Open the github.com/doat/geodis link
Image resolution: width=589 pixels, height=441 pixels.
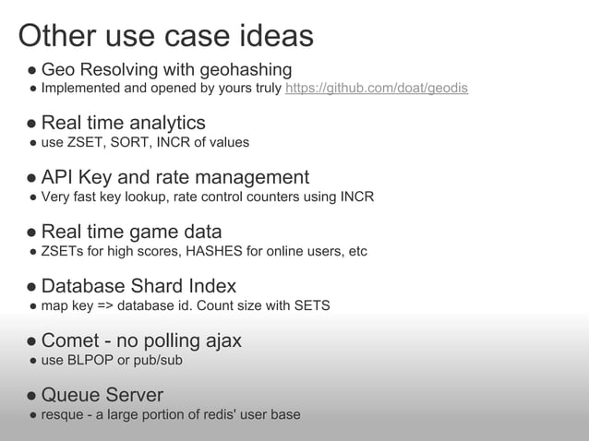pyautogui.click(x=377, y=89)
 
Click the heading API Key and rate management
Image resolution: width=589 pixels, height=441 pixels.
pyautogui.click(x=175, y=176)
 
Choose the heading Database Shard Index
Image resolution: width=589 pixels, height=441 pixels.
pyautogui.click(x=138, y=286)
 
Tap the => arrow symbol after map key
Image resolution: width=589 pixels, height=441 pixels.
pyautogui.click(x=108, y=305)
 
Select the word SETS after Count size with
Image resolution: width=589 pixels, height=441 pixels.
pyautogui.click(x=309, y=305)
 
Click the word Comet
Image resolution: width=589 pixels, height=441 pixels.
pyautogui.click(x=71, y=340)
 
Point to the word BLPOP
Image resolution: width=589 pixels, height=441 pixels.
pyautogui.click(x=95, y=360)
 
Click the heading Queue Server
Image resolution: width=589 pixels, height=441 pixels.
pyautogui.click(x=102, y=395)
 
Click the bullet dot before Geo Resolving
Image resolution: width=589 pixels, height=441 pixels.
pyautogui.click(x=31, y=71)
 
